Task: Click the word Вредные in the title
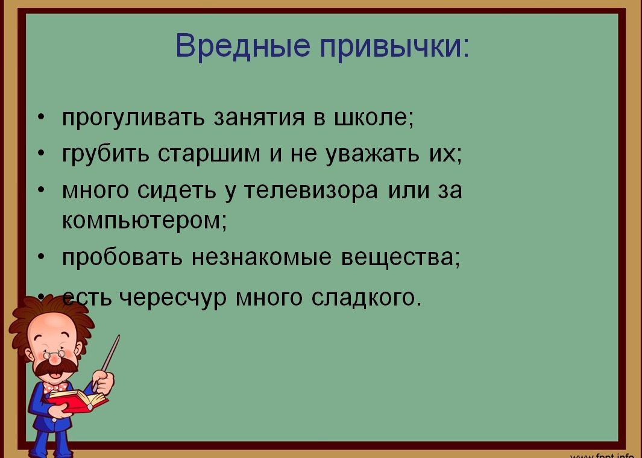pos(243,45)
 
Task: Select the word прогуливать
pos(133,118)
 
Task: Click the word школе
pos(372,118)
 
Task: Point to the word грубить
pos(105,154)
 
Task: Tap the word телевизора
pos(311,190)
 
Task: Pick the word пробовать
pos(122,257)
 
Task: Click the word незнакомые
pos(261,258)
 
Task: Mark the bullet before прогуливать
pos(40,118)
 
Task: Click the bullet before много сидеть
pos(40,190)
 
